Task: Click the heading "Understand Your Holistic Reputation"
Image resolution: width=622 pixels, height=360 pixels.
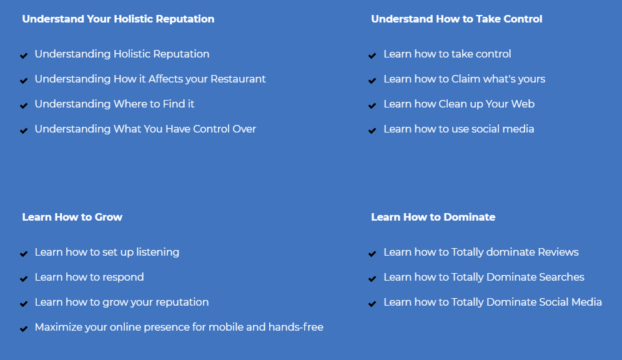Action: click(118, 19)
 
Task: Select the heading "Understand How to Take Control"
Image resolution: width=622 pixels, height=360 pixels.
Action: click(457, 19)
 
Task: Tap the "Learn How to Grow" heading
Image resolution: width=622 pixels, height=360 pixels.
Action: click(72, 217)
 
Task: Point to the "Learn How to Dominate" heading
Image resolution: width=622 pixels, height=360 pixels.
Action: click(433, 217)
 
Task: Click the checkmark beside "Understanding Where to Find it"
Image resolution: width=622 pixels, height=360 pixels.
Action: click(24, 106)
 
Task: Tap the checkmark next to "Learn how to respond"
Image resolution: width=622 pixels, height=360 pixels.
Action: click(24, 279)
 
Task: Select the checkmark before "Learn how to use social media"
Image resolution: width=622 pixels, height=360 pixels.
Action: click(372, 131)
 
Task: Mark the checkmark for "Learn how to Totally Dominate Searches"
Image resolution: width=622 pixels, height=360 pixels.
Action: click(372, 279)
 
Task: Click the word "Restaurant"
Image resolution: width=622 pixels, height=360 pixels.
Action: click(238, 79)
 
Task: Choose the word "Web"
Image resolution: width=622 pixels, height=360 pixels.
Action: click(523, 104)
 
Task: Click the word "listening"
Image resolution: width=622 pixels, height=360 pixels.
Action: click(158, 252)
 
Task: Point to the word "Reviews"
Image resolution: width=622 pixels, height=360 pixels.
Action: click(558, 252)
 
